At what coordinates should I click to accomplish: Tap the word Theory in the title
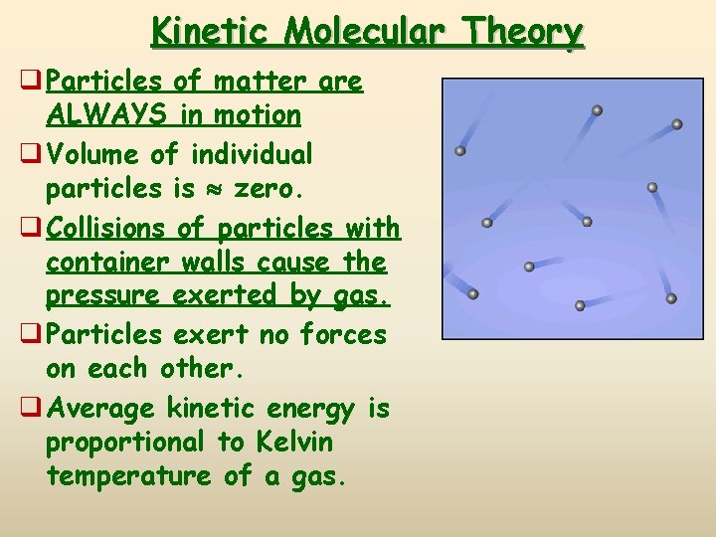(x=534, y=32)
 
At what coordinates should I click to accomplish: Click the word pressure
(x=105, y=296)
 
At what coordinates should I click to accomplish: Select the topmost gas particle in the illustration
(x=597, y=110)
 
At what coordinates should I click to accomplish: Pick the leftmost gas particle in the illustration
(x=460, y=151)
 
